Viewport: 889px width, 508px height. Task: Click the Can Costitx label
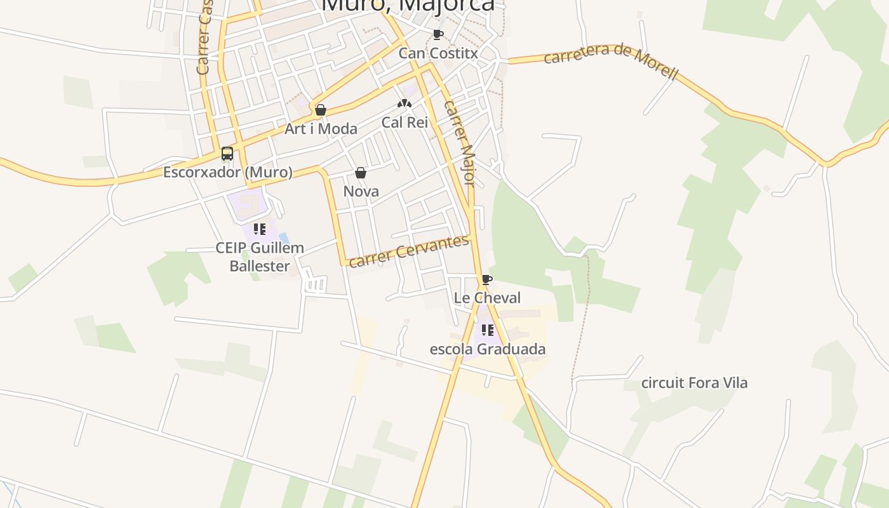tap(438, 53)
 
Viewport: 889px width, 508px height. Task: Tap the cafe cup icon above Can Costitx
tap(438, 34)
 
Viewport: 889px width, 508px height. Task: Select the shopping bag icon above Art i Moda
tap(321, 110)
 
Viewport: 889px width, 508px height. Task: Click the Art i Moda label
tap(321, 129)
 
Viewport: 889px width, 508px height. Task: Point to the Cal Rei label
tap(405, 123)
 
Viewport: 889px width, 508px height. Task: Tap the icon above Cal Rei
tap(404, 104)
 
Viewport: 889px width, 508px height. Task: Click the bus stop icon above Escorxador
tap(227, 154)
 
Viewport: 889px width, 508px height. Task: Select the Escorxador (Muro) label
tap(228, 172)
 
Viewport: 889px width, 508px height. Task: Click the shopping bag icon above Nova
tap(361, 173)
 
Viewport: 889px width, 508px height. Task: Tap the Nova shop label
tap(361, 191)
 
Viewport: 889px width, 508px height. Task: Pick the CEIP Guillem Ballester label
tap(260, 257)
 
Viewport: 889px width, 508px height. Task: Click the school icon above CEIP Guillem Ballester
tap(259, 229)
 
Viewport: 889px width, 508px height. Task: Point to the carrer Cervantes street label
tap(410, 251)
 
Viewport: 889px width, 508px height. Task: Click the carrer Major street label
tap(460, 144)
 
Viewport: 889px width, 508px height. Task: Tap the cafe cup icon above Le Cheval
tap(487, 279)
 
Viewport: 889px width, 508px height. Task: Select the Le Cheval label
tap(487, 298)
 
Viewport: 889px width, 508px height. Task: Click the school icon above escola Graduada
tap(488, 330)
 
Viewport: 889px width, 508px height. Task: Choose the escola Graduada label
tap(488, 349)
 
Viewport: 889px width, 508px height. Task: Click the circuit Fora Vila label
tap(695, 383)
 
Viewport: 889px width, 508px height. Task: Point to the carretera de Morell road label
tap(611, 61)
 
